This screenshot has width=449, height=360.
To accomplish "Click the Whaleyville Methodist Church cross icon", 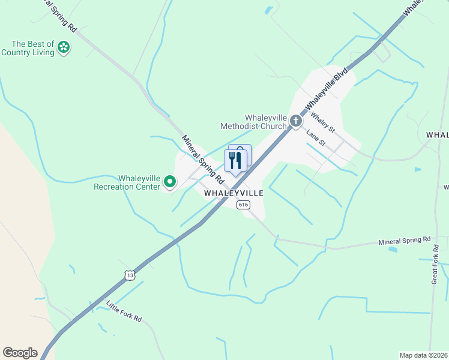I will (x=295, y=121).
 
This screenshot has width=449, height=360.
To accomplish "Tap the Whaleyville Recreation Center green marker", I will (x=170, y=181).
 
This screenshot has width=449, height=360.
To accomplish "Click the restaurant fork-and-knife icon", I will (x=235, y=160).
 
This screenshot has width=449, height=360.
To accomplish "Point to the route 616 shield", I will (x=243, y=205).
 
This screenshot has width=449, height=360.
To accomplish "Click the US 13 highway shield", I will (x=130, y=275).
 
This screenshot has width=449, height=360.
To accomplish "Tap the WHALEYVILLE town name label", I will (x=234, y=194).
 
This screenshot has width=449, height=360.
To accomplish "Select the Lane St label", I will (x=315, y=138).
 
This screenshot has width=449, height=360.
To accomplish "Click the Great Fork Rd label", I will (x=436, y=264).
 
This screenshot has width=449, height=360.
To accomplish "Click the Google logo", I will (x=20, y=353).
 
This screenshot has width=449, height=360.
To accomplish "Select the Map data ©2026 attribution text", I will (x=424, y=355).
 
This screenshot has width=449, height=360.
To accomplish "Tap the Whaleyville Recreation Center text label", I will (x=128, y=182).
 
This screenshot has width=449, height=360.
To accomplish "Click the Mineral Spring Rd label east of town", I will (x=405, y=241).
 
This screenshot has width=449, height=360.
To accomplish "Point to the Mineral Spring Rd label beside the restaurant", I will (x=203, y=159).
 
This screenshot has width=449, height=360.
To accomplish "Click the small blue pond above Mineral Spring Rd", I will (x=393, y=249).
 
